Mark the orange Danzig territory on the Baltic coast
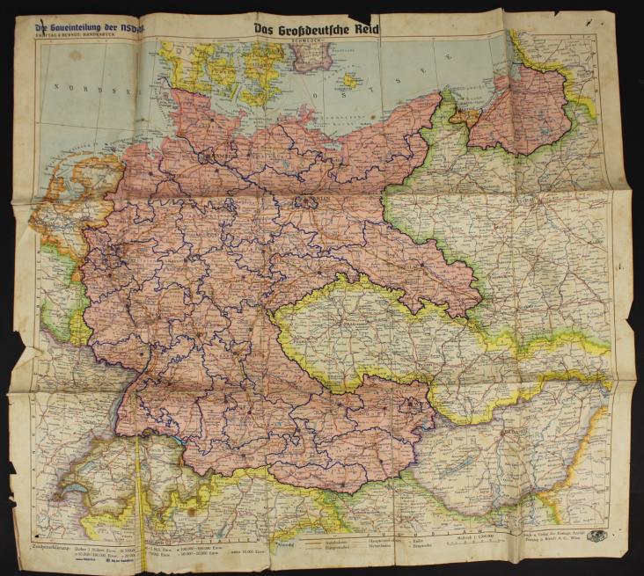[x=457, y=113]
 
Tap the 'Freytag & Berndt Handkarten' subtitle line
[x=75, y=37]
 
